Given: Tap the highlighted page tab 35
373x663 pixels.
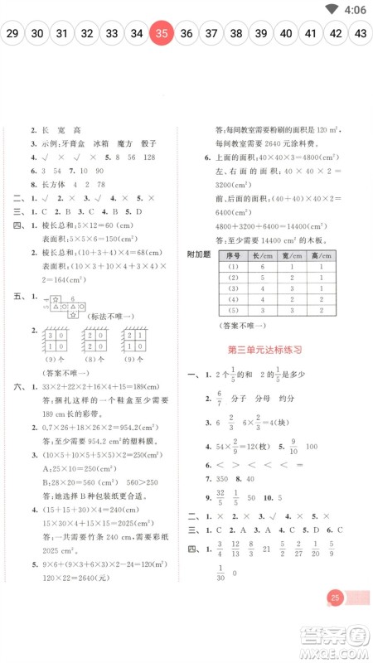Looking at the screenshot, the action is (x=162, y=34).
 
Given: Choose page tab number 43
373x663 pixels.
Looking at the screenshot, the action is (x=361, y=34).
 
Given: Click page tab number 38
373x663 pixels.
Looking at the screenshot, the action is (x=236, y=34).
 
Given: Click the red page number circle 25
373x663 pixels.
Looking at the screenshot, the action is (x=335, y=622).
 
